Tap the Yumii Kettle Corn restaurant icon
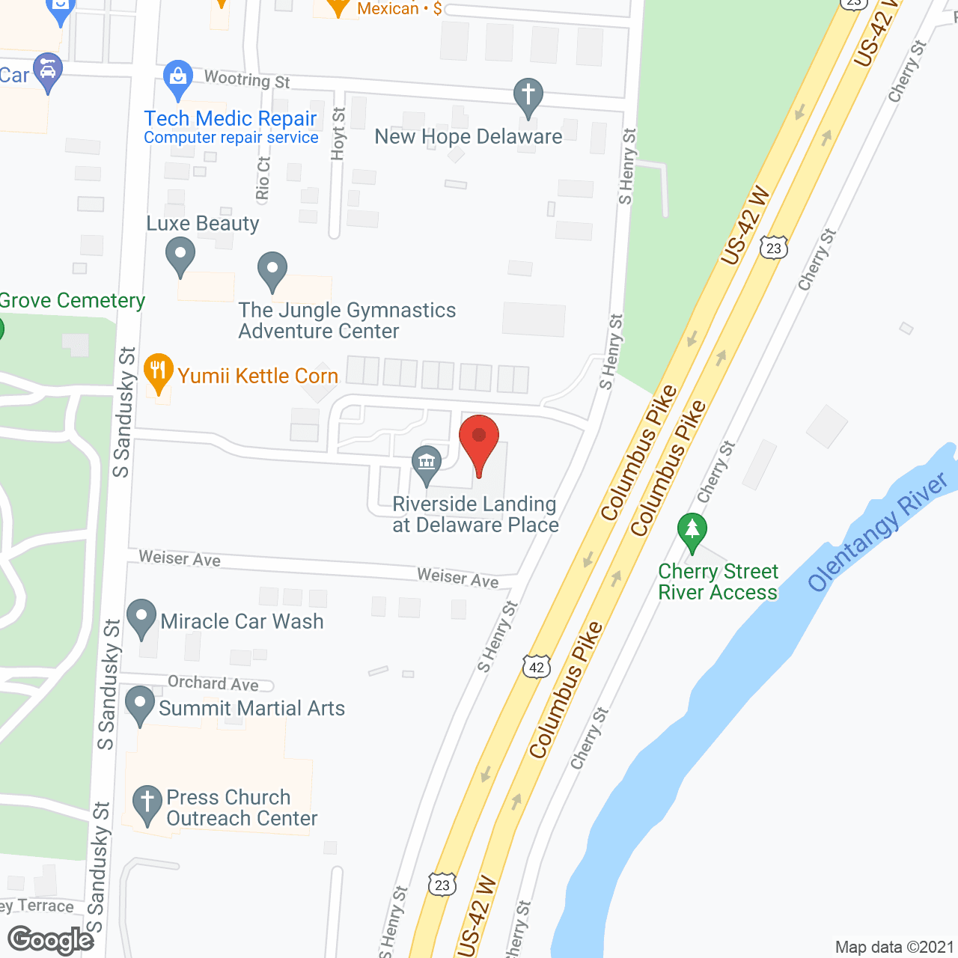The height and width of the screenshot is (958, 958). point(158,373)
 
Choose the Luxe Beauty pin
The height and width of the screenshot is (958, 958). point(180,256)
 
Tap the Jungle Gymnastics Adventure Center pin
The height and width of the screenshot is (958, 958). point(272,271)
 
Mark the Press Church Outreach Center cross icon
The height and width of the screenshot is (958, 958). point(147,805)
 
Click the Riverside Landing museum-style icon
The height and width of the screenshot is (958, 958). point(427,465)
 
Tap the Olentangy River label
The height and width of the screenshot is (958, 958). point(877,532)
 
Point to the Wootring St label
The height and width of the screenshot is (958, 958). point(247,79)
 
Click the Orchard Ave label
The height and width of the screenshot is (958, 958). point(213,683)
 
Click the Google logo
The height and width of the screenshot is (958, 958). point(51,940)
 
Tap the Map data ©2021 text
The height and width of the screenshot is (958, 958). point(894,948)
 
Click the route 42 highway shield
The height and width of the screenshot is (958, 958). point(537,667)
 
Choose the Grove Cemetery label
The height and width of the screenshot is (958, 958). point(73,301)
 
